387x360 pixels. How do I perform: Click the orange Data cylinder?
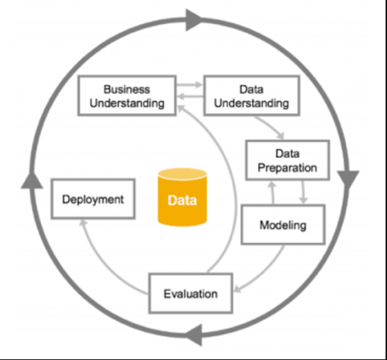click(182, 197)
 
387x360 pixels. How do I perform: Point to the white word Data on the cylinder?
click(182, 200)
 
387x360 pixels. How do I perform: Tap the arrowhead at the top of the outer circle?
click(193, 20)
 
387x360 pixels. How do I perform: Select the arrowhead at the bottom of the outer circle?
click(194, 335)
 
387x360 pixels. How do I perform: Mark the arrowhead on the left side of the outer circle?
click(32, 180)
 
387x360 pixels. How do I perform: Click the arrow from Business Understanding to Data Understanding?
click(189, 85)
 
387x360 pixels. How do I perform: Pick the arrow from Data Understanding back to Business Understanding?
click(190, 96)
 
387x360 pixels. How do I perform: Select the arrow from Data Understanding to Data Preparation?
click(269, 127)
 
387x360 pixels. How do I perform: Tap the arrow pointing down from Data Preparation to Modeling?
click(303, 192)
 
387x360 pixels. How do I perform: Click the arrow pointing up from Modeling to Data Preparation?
click(273, 193)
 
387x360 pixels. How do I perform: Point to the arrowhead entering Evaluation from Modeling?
click(237, 289)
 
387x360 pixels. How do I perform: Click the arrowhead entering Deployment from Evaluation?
click(83, 223)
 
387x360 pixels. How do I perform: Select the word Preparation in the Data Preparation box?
click(287, 168)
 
